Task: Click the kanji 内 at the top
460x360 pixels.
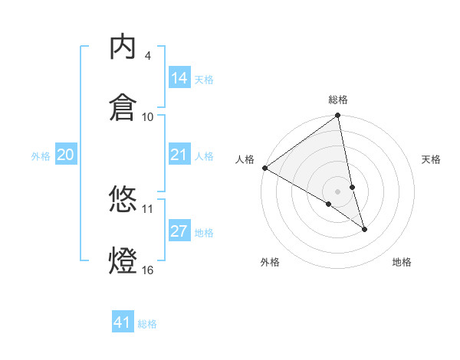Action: click(123, 47)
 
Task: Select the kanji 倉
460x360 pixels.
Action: click(123, 106)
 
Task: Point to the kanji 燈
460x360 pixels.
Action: click(123, 259)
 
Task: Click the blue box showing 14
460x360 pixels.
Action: click(179, 78)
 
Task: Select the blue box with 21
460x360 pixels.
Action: click(179, 155)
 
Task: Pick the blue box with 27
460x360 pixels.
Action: click(179, 232)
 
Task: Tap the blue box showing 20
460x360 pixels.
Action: click(66, 155)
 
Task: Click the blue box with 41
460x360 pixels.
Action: click(123, 322)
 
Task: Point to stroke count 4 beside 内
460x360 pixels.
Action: click(147, 56)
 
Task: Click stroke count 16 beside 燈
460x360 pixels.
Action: click(147, 270)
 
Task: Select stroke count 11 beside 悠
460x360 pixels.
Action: click(147, 208)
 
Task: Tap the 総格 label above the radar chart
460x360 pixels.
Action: click(338, 100)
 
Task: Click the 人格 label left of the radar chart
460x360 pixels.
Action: click(245, 159)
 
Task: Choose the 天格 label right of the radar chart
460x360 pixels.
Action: click(431, 159)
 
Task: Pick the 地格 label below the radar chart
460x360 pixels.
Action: click(402, 262)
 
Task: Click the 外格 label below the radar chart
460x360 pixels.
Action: click(270, 262)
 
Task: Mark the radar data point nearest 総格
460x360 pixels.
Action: click(338, 116)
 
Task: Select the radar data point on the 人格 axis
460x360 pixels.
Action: click(264, 168)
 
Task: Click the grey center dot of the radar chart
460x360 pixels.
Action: click(338, 191)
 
